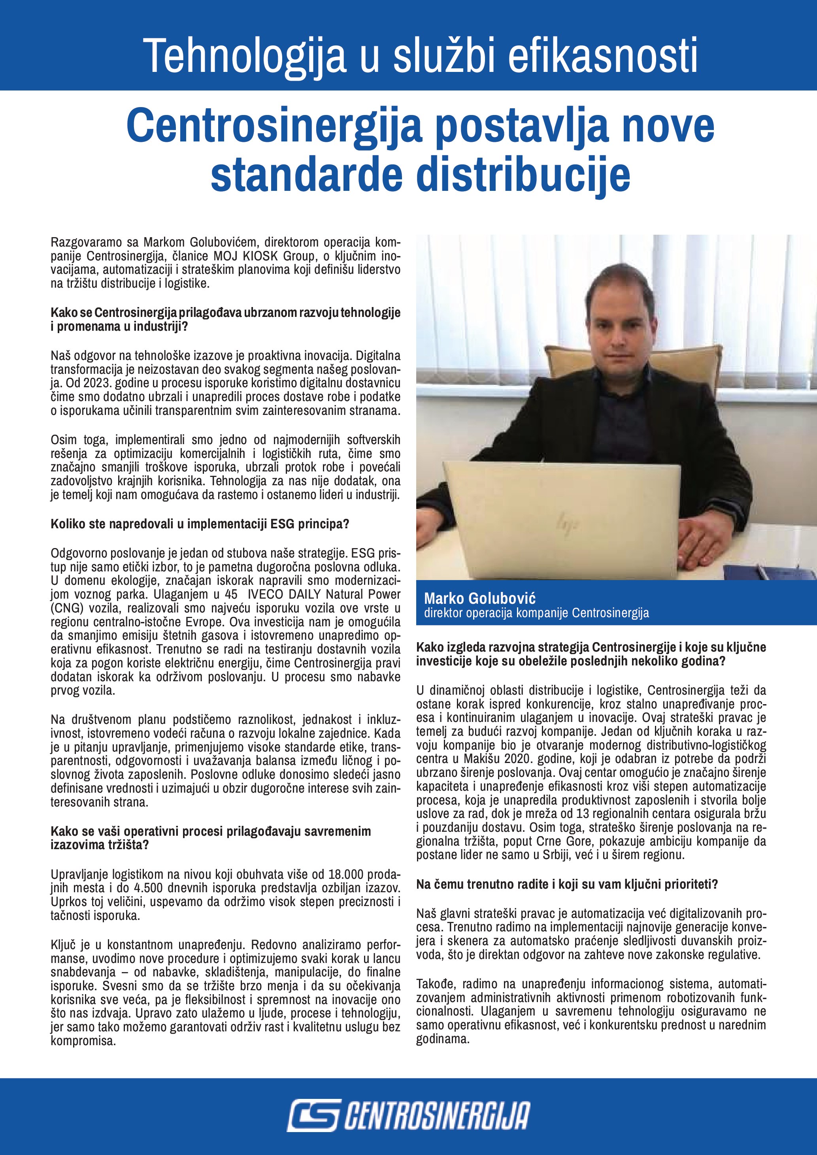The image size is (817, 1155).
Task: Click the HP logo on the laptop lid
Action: click(566, 526)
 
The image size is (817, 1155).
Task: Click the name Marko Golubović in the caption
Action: click(479, 599)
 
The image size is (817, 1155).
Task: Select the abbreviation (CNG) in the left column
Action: click(65, 608)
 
